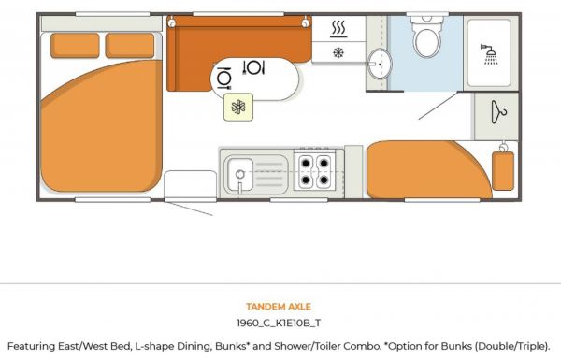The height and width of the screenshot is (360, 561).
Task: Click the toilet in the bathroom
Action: (x=427, y=36)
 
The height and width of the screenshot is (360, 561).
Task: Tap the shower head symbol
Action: (x=489, y=54)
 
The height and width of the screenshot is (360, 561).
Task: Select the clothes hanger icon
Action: (x=498, y=112)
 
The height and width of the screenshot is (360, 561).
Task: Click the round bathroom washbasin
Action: (x=380, y=65)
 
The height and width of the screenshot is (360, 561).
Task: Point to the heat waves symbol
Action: (x=338, y=29)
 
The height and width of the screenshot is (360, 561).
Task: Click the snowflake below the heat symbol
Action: (x=338, y=52)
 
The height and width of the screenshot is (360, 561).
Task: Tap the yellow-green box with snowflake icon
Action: (x=238, y=107)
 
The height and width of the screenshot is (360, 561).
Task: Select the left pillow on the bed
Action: (x=75, y=46)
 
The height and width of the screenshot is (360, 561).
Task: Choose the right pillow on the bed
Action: (x=130, y=46)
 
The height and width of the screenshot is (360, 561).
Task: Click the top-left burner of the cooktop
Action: (x=306, y=164)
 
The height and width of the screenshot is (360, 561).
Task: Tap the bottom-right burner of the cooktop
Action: (x=324, y=180)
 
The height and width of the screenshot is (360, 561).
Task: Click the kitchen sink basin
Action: (x=240, y=175)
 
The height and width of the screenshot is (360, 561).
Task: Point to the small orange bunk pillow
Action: (x=503, y=171)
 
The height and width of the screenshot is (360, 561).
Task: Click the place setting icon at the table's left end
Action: (x=224, y=78)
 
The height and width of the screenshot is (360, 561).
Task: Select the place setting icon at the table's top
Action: (x=253, y=67)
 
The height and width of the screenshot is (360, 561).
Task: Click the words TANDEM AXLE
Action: (x=279, y=307)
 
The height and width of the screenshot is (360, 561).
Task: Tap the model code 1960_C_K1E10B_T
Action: (x=279, y=323)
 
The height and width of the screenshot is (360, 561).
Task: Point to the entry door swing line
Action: (x=189, y=209)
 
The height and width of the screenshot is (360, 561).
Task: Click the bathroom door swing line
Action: (x=439, y=106)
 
